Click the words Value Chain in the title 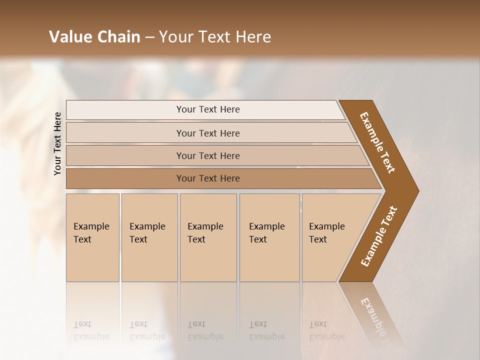pyautogui.click(x=94, y=36)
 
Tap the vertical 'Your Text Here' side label pyautogui.click(x=57, y=143)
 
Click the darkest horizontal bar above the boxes pyautogui.click(x=125, y=178)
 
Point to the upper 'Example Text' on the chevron pyautogui.click(x=377, y=142)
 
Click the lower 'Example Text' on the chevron pyautogui.click(x=379, y=236)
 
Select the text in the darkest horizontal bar pyautogui.click(x=208, y=178)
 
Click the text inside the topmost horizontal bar pyautogui.click(x=208, y=109)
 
